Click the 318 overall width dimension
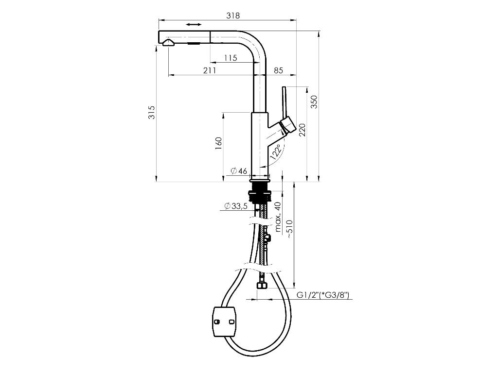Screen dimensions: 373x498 pyautogui.click(x=233, y=16)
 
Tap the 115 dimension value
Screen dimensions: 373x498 pyautogui.click(x=231, y=58)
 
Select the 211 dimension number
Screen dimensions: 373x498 pyautogui.click(x=210, y=70)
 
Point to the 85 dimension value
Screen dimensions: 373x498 pyautogui.click(x=279, y=70)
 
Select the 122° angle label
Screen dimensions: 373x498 pyautogui.click(x=276, y=152)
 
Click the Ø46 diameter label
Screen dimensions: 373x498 pyautogui.click(x=239, y=170)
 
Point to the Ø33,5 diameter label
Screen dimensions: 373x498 pyautogui.click(x=236, y=206)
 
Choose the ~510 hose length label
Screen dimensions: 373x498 pyautogui.click(x=289, y=228)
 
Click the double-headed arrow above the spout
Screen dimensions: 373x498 pyautogui.click(x=193, y=24)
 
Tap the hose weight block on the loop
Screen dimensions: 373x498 pyautogui.click(x=224, y=321)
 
